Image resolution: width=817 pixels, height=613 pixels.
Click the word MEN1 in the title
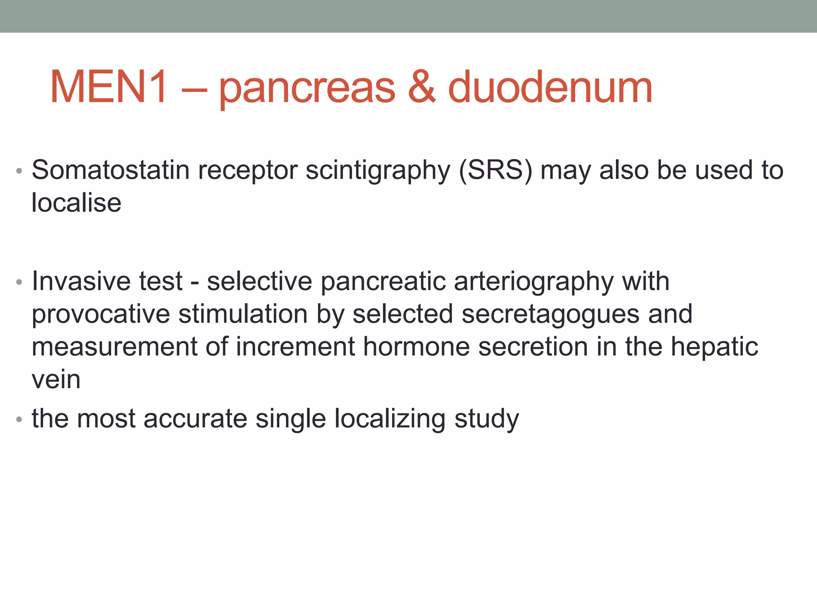tap(109, 87)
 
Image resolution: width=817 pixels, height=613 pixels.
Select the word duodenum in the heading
tap(550, 87)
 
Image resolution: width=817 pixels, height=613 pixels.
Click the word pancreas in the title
tap(307, 90)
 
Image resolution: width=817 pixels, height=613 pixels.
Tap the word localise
tap(76, 203)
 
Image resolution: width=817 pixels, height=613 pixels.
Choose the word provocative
tap(101, 314)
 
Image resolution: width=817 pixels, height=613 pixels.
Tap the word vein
tap(56, 380)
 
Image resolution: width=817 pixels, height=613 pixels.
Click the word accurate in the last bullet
tap(195, 419)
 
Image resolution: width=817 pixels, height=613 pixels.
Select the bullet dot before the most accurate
tap(19, 420)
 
